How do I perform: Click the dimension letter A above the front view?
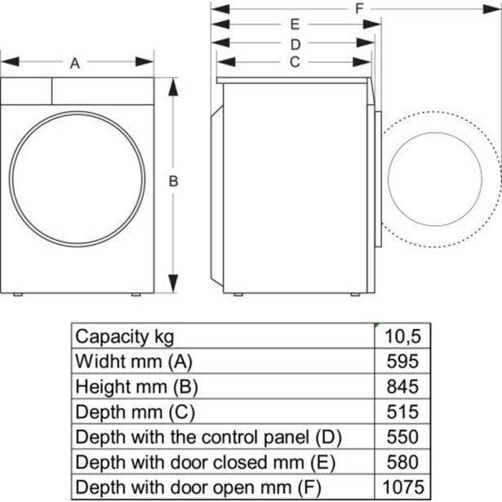click(75, 63)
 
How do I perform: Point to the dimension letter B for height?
click(173, 182)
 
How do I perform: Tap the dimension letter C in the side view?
click(295, 62)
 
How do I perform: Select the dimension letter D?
click(295, 44)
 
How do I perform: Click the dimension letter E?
click(295, 25)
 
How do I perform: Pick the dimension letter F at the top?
click(358, 8)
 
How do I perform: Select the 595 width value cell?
click(403, 361)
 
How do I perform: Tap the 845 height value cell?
click(403, 386)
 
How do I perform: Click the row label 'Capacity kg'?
click(124, 336)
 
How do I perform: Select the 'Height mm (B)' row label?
click(136, 386)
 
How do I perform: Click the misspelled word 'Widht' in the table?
click(96, 361)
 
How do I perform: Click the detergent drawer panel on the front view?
click(26, 90)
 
